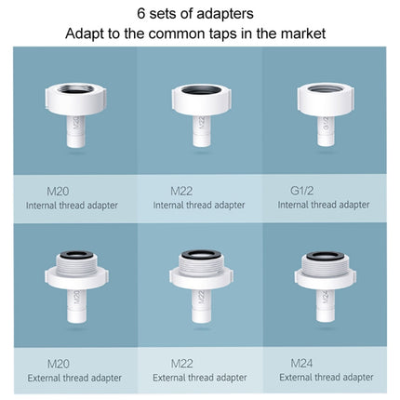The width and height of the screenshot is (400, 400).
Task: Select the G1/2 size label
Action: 291,190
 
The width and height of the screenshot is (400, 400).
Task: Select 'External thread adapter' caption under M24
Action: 327,377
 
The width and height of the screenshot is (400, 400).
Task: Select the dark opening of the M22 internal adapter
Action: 201,90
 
